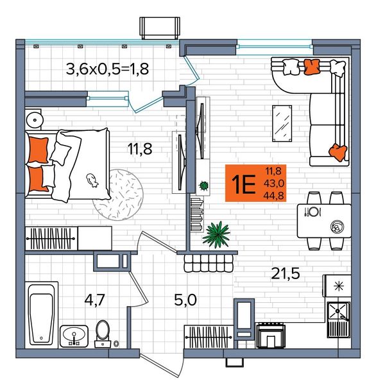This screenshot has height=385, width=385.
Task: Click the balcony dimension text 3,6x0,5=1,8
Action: [107, 69]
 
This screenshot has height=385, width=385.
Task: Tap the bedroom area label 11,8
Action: [140, 149]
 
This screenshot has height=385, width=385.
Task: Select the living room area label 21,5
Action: [286, 273]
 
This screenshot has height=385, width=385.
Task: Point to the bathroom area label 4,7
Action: [94, 300]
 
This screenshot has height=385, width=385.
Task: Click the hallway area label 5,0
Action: [185, 300]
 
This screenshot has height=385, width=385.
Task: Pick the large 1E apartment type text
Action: [244, 184]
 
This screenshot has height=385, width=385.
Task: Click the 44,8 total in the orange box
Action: [273, 196]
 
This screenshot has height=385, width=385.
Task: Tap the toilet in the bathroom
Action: [103, 334]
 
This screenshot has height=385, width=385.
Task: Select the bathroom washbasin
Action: [74, 336]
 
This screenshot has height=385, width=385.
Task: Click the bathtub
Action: [41, 315]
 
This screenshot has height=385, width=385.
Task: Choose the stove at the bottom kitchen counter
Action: [271, 336]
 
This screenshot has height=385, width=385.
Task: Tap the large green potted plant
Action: [217, 234]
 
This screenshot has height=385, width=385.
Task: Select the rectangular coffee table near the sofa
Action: [282, 123]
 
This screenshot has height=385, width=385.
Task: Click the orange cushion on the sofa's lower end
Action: [338, 152]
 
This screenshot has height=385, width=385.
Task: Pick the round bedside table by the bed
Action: [35, 120]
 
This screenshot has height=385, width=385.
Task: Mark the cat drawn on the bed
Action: [92, 180]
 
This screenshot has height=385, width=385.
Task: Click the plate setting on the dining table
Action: [312, 212]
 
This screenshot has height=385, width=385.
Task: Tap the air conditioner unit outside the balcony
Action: [160, 28]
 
